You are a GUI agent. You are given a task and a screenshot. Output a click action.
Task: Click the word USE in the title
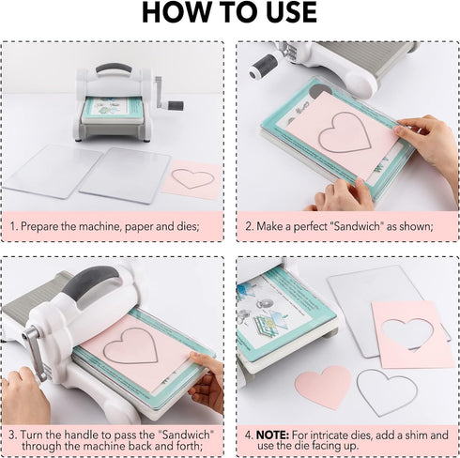point(287,12)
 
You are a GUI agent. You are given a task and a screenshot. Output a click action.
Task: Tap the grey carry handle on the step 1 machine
point(114,69)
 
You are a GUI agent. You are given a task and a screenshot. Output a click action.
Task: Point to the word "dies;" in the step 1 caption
point(188,226)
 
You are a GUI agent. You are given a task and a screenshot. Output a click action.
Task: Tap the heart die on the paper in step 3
point(130,345)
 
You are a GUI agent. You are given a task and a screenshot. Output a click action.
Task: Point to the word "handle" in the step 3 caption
point(82,435)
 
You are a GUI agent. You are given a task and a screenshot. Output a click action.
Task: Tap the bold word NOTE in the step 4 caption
point(272,435)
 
